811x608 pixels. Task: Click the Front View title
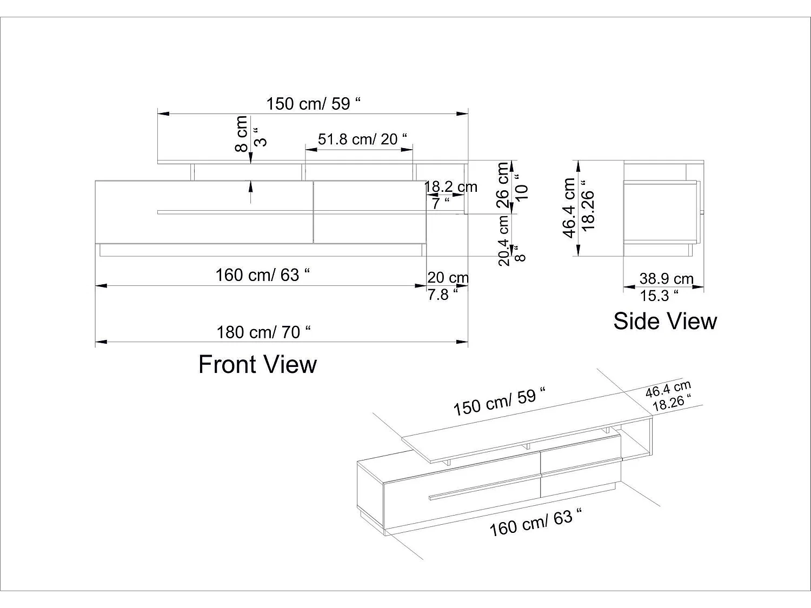257,365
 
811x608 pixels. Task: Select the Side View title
664,321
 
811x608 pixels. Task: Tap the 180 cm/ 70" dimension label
263,332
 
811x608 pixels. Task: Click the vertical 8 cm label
241,133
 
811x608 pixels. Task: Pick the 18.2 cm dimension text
451,187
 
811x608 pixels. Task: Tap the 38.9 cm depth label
666,278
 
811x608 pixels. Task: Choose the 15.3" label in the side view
659,296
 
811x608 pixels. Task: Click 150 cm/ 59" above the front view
313,103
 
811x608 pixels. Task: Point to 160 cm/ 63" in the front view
263,275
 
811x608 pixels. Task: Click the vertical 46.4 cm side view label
569,208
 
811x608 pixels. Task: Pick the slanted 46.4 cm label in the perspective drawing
668,390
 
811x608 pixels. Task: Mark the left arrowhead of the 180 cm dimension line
101,342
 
